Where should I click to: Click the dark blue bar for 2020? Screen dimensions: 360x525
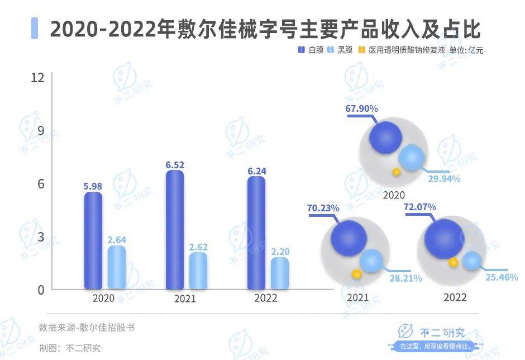point(93,240)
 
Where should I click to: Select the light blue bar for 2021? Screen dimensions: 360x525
point(198,271)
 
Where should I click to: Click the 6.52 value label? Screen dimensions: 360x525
point(175,165)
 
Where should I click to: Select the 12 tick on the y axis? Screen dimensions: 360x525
point(37,78)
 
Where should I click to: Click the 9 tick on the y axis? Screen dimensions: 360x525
point(40,131)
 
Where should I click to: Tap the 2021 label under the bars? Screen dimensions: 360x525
point(185,299)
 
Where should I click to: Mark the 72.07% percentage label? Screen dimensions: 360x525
point(419,207)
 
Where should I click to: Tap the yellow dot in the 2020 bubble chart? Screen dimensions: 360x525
point(396,172)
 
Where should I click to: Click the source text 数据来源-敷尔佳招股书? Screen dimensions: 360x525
point(87,328)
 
